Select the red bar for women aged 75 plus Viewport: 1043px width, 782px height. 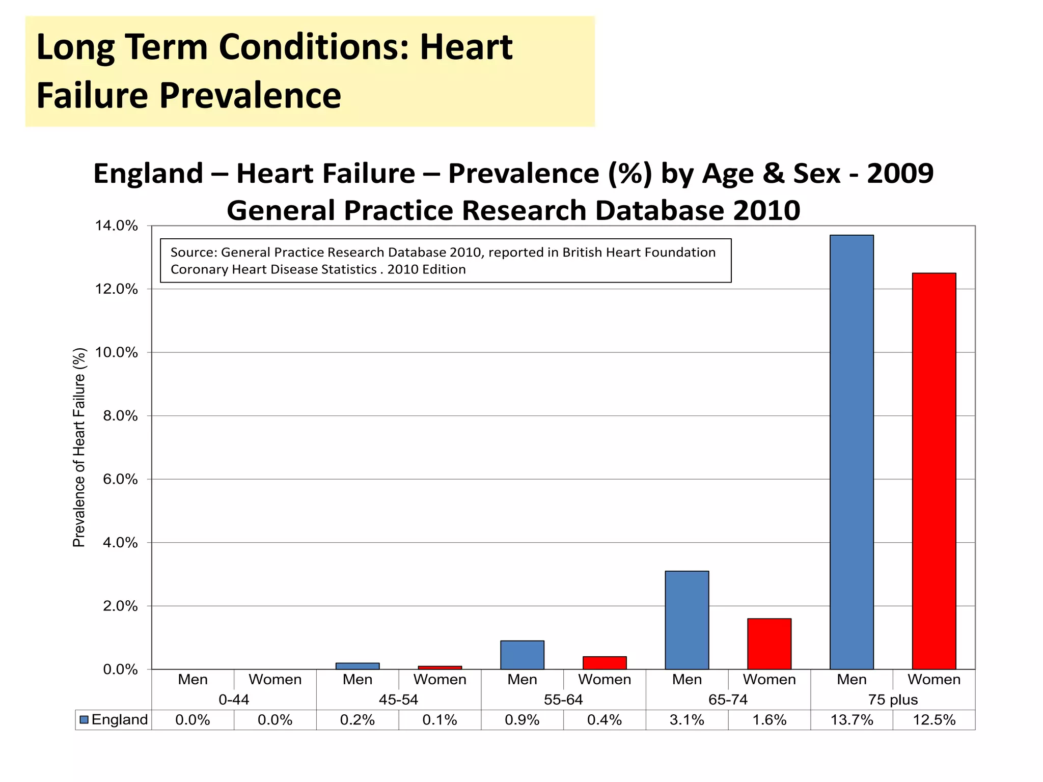pyautogui.click(x=934, y=471)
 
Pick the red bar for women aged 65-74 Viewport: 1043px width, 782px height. pyautogui.click(x=769, y=644)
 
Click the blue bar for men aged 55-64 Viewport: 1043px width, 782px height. pyautogui.click(x=522, y=655)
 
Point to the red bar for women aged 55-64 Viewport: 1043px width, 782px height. pyautogui.click(x=605, y=663)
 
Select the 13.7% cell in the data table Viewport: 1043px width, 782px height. pyautogui.click(x=852, y=720)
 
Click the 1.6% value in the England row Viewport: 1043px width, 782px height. pyautogui.click(x=769, y=720)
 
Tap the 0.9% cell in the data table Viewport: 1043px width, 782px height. pyautogui.click(x=522, y=720)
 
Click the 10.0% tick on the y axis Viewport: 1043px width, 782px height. pyautogui.click(x=120, y=352)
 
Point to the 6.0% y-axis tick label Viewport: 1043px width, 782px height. pyautogui.click(x=120, y=479)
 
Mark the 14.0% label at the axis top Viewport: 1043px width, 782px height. pyautogui.click(x=116, y=226)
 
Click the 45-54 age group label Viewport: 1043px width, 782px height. pyautogui.click(x=398, y=700)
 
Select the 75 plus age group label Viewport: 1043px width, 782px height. pyautogui.click(x=893, y=700)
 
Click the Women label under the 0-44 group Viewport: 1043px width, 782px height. pyautogui.click(x=275, y=679)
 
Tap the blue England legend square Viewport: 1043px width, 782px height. pyautogui.click(x=85, y=720)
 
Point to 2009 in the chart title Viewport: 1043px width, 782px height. pyautogui.click(x=900, y=173)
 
